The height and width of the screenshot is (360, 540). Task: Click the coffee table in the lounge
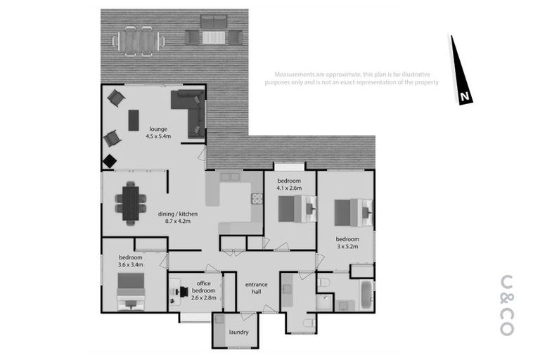(134, 120)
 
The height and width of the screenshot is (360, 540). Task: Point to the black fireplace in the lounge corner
(110, 162)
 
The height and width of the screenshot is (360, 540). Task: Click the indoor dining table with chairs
(129, 202)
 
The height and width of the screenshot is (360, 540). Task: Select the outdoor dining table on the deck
(138, 39)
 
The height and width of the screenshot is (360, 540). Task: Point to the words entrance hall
(256, 288)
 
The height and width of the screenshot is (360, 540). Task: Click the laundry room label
(238, 332)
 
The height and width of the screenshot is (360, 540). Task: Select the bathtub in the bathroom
(367, 296)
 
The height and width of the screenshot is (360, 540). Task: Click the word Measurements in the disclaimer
(295, 74)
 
